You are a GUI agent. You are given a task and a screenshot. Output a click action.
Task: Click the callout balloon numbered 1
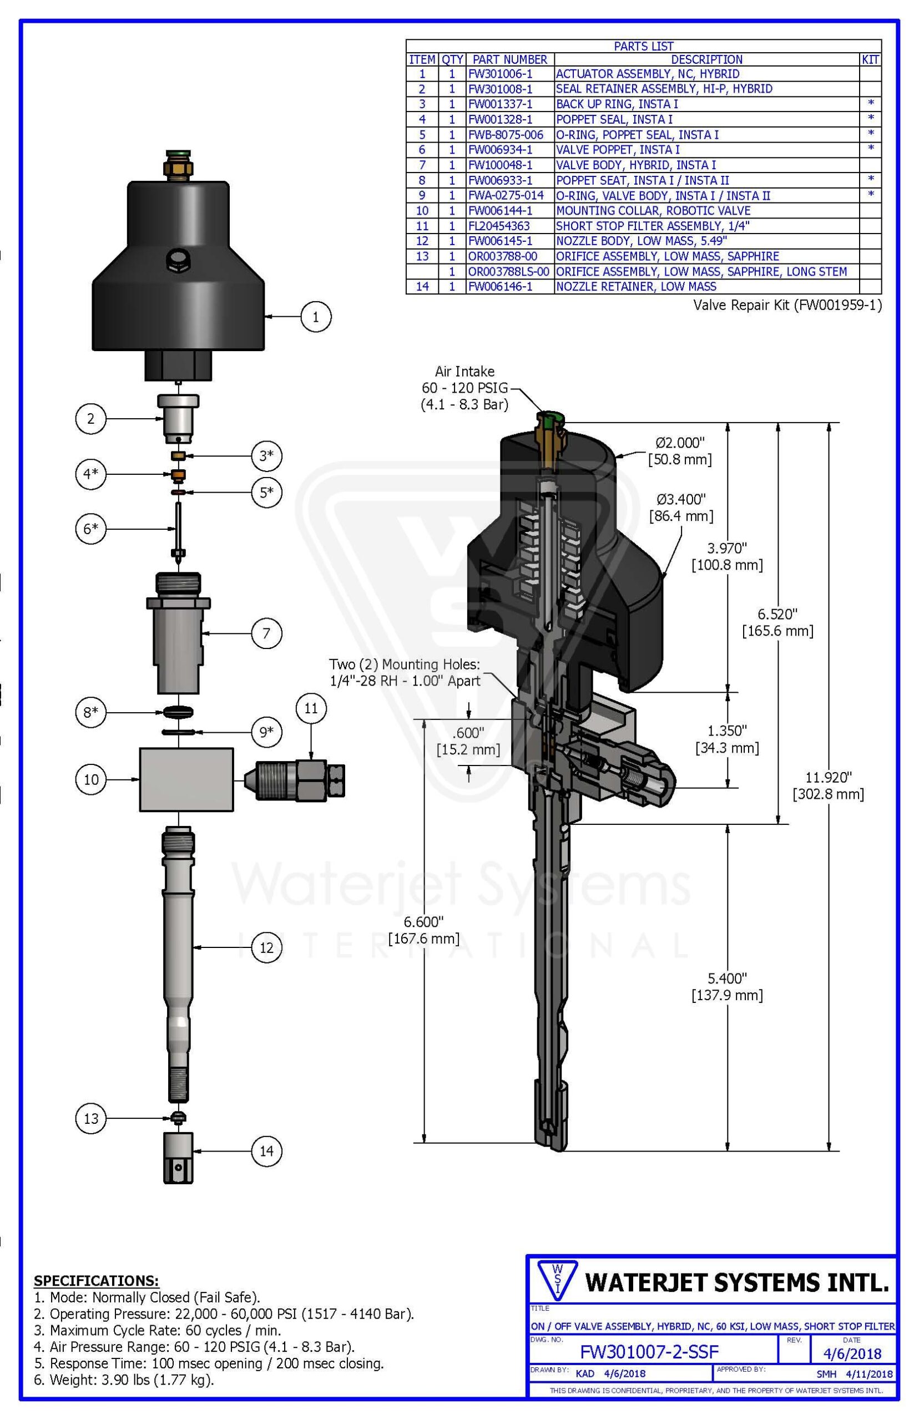click(315, 317)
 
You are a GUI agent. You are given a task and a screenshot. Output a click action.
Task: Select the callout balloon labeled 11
click(311, 708)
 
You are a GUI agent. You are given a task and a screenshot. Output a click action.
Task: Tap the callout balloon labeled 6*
click(90, 529)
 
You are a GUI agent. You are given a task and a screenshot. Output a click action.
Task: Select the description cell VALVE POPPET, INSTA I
click(618, 150)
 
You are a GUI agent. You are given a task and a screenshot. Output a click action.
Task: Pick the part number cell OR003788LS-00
click(508, 271)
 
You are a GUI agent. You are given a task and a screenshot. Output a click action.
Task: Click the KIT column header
click(870, 60)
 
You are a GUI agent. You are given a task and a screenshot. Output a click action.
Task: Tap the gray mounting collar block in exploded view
click(186, 779)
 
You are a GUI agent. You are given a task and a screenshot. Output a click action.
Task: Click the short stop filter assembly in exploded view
click(295, 779)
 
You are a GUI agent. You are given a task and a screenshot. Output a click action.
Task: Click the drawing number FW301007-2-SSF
click(649, 1351)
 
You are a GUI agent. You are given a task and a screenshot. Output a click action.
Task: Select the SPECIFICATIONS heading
click(96, 1280)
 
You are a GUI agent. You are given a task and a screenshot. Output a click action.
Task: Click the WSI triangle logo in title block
click(557, 1280)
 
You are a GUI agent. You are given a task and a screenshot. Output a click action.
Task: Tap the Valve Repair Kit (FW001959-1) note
click(787, 305)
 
